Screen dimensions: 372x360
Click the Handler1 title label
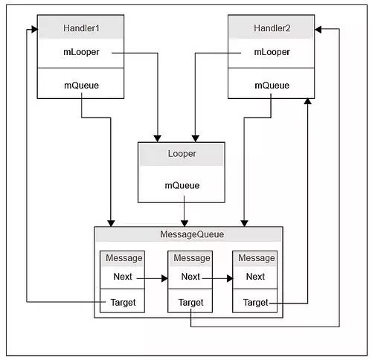[81, 28]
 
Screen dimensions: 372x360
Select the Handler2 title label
[272, 28]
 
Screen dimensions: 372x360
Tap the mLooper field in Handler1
[81, 52]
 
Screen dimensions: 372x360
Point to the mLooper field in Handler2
[272, 52]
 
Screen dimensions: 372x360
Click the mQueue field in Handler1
[81, 86]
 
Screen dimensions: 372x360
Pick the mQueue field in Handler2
[272, 86]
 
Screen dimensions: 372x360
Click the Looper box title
[182, 154]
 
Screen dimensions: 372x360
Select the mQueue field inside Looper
[182, 185]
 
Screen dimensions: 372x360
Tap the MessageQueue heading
[192, 234]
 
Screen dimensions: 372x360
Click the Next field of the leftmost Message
[123, 277]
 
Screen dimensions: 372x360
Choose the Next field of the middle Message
[190, 277]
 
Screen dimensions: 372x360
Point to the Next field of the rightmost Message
[255, 277]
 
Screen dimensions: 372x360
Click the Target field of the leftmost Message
[123, 303]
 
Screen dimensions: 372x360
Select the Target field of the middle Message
[190, 303]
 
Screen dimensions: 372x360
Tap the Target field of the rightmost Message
[256, 303]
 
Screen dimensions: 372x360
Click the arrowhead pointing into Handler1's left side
[35, 30]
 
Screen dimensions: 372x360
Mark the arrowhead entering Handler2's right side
[318, 30]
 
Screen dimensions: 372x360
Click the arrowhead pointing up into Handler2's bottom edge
[308, 101]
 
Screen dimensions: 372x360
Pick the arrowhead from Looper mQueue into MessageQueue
[185, 223]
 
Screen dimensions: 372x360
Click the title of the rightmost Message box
[257, 258]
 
